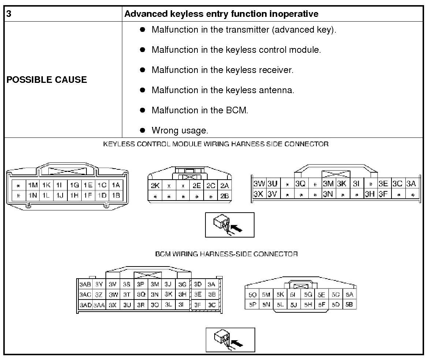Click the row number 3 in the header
coord(8,14)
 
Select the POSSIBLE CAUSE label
coord(47,80)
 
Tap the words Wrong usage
coord(179,130)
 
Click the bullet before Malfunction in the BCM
coord(143,110)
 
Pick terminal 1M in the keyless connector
coord(33,185)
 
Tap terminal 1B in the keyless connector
coord(116,195)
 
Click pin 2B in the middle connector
coord(224,196)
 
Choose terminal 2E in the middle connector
coord(197,186)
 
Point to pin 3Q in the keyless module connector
coord(300,184)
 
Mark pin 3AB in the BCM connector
coord(85,284)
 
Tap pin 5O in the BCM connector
coord(252,294)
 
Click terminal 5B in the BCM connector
coord(349,304)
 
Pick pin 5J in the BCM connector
coord(293,304)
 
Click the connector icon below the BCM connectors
coord(230,339)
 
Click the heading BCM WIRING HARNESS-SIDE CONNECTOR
coord(226,254)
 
